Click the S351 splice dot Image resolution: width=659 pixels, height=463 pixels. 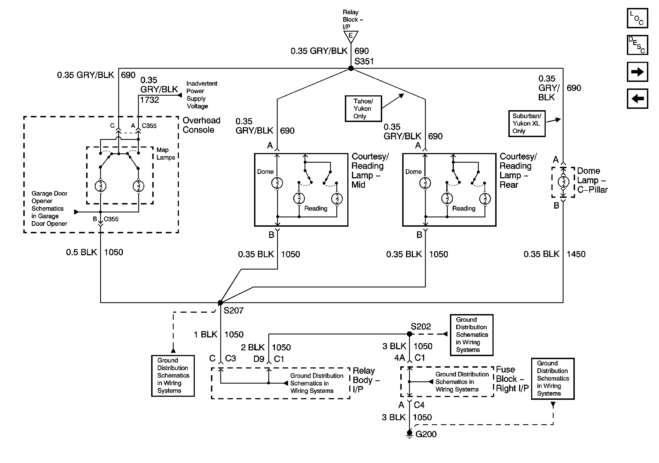[x=351, y=68]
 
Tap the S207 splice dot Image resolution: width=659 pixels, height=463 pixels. [x=220, y=303]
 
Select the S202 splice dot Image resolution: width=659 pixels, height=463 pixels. [x=410, y=334]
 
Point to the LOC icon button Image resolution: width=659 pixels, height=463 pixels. [x=637, y=18]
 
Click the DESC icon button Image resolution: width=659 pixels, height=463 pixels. [x=637, y=45]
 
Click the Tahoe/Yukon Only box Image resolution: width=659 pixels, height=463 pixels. [x=363, y=109]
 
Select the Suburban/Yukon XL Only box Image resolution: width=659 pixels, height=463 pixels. [x=527, y=124]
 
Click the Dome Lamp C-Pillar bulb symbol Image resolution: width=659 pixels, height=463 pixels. [x=563, y=182]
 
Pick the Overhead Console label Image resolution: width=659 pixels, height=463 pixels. [x=201, y=125]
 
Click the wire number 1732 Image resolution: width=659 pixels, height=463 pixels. [x=150, y=100]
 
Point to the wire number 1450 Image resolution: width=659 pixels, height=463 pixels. [x=576, y=254]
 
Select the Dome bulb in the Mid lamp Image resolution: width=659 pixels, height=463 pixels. [x=277, y=183]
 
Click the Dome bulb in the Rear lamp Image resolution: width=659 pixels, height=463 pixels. [x=425, y=183]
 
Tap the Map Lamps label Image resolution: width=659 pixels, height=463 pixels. [x=166, y=154]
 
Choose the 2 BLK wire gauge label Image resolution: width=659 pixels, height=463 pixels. [x=253, y=348]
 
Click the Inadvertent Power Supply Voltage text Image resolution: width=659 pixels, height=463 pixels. [x=201, y=95]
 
